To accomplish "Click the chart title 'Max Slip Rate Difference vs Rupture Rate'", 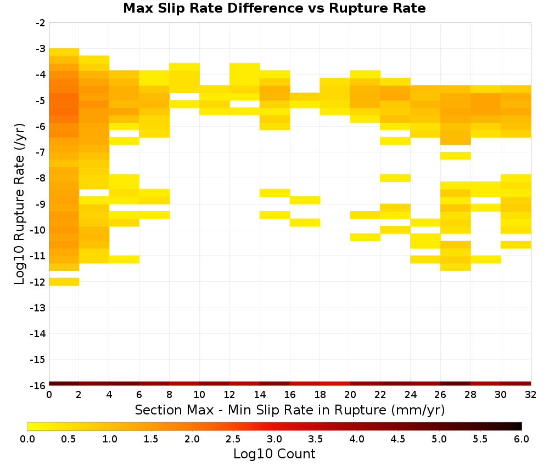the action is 274,8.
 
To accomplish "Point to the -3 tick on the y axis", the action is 41,49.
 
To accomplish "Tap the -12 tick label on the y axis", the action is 38,282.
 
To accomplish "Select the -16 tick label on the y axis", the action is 38,385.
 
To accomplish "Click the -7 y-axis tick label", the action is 41,152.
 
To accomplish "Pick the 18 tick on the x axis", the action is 320,395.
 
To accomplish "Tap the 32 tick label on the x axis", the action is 531,395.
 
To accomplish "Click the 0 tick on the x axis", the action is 49,395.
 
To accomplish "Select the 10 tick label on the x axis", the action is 200,395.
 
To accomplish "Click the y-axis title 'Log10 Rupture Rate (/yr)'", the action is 19,204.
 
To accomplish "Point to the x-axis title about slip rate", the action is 290,410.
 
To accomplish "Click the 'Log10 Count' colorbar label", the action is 274,454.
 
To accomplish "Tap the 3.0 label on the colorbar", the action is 274,439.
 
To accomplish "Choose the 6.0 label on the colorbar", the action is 522,439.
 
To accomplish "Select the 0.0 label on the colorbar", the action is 27,439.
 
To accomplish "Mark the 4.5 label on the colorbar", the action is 398,439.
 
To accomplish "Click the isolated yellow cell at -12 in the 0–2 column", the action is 64,282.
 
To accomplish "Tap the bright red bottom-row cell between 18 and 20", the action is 335,384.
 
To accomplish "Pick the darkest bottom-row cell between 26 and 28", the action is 456,384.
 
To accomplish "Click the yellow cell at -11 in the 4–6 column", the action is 124,259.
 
